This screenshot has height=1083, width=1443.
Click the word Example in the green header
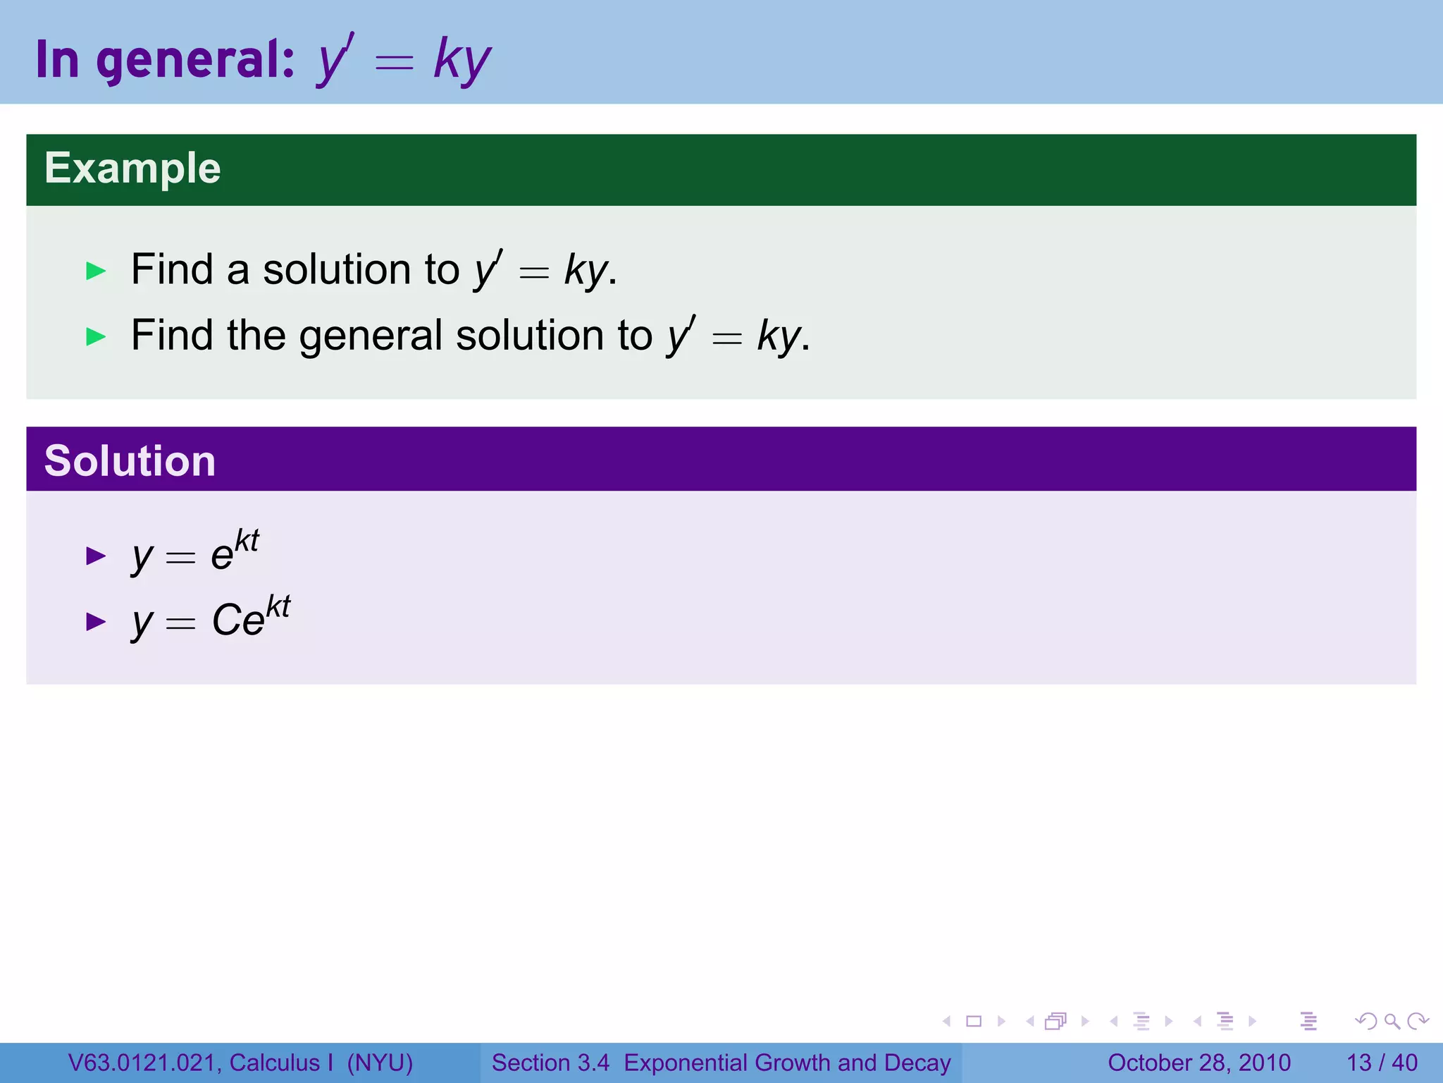point(132,169)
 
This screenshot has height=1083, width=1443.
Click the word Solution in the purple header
point(130,461)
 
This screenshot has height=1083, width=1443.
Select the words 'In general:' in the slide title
point(165,60)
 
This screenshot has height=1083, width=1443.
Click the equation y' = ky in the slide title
point(404,60)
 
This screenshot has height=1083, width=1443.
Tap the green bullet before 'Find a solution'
point(96,271)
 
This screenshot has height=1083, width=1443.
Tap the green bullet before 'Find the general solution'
point(96,336)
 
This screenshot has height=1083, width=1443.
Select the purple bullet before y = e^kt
point(96,556)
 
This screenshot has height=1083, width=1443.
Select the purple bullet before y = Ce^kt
point(96,621)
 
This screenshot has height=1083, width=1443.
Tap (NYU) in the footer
point(380,1063)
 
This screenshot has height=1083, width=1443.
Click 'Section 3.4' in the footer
point(550,1063)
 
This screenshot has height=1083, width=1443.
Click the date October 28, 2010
point(1199,1063)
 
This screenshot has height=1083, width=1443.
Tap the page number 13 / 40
point(1382,1063)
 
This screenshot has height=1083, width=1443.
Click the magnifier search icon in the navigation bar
point(1392,1021)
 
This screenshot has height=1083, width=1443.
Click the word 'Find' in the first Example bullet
point(172,270)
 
